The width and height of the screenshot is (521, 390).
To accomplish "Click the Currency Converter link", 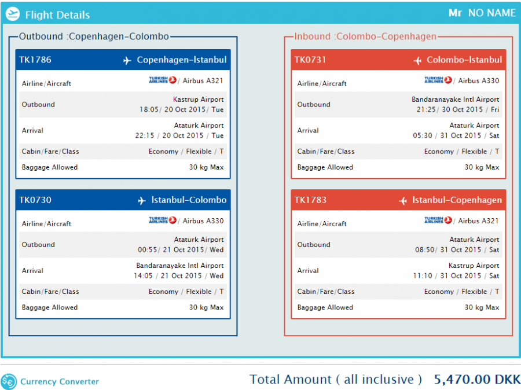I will pos(59,381).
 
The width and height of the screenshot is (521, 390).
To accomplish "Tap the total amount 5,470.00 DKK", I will pos(477,380).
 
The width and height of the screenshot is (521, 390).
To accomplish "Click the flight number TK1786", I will pos(35,60).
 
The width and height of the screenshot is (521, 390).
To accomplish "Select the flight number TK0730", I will pos(35,200).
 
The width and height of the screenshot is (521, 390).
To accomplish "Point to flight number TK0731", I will pos(310,60).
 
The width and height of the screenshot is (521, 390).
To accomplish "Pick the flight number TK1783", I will pos(310,200).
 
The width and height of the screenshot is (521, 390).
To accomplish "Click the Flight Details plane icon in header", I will pos(12,14).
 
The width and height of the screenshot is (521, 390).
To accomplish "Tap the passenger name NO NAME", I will pos(491,13).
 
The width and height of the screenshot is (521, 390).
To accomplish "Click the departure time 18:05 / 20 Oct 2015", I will pos(181,109).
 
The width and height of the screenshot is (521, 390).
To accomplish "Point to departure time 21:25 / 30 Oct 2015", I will pos(457,109).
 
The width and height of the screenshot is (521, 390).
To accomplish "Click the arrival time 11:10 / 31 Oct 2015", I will pos(456,276).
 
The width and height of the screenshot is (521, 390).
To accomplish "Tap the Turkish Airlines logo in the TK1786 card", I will pos(162,80).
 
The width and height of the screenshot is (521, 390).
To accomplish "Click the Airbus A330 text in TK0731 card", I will pos(479,81).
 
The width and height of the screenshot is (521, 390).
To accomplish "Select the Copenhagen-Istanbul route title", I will pos(181,60).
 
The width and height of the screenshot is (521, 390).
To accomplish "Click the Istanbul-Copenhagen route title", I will pos(457,200).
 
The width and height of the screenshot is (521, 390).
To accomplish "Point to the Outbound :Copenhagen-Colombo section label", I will pos(94,36).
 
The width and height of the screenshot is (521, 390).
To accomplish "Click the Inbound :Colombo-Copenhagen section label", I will pos(365,36).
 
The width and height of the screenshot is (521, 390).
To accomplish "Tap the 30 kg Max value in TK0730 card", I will pos(206,307).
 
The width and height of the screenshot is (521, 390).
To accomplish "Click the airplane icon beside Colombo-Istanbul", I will pos(417,61).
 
